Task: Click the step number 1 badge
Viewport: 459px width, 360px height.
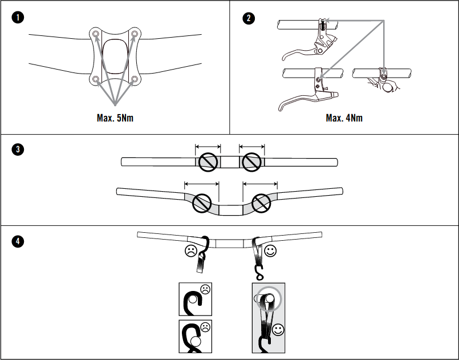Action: pyautogui.click(x=19, y=18)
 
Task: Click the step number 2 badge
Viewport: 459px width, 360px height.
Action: pyautogui.click(x=249, y=18)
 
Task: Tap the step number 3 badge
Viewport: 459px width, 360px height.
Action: pyautogui.click(x=19, y=151)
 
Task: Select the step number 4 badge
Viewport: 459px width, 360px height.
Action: pyautogui.click(x=19, y=241)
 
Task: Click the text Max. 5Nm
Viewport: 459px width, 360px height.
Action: pyautogui.click(x=115, y=118)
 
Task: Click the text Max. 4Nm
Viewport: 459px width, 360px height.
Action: pyautogui.click(x=344, y=118)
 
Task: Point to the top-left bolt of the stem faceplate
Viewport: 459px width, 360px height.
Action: pyautogui.click(x=95, y=35)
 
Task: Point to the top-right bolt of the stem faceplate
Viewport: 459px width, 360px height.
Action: pyautogui.click(x=135, y=35)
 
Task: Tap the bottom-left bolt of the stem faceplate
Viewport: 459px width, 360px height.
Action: pyautogui.click(x=95, y=79)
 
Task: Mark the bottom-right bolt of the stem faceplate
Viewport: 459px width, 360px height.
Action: pyautogui.click(x=135, y=79)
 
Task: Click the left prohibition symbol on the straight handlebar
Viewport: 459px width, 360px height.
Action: pyautogui.click(x=208, y=163)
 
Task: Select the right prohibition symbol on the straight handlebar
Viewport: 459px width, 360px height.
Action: pyautogui.click(x=251, y=163)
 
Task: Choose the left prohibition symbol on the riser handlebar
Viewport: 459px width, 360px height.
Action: pyautogui.click(x=202, y=203)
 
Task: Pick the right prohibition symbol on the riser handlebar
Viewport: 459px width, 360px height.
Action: pyautogui.click(x=261, y=203)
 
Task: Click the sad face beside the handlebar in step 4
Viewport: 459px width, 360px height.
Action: pyautogui.click(x=190, y=251)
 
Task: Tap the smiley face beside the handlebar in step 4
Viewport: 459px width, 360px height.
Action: pyautogui.click(x=270, y=249)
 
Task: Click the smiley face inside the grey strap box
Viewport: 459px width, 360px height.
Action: pyautogui.click(x=278, y=329)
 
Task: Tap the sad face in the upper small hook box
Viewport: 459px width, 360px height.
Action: pyautogui.click(x=205, y=290)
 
